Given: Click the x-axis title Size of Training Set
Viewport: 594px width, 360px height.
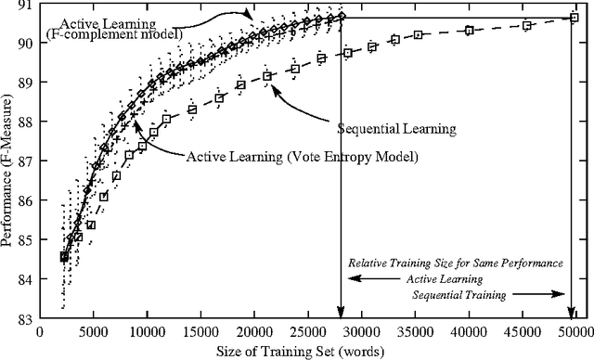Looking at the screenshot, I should (307, 350).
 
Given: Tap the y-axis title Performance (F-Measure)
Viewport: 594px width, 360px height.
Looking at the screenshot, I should (8, 162).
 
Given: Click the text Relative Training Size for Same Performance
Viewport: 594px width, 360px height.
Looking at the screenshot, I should (455, 264).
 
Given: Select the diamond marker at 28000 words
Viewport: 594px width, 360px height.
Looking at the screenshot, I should (341, 17).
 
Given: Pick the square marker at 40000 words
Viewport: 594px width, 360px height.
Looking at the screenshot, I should (469, 31).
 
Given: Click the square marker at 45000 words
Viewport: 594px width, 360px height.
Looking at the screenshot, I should (526, 25).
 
